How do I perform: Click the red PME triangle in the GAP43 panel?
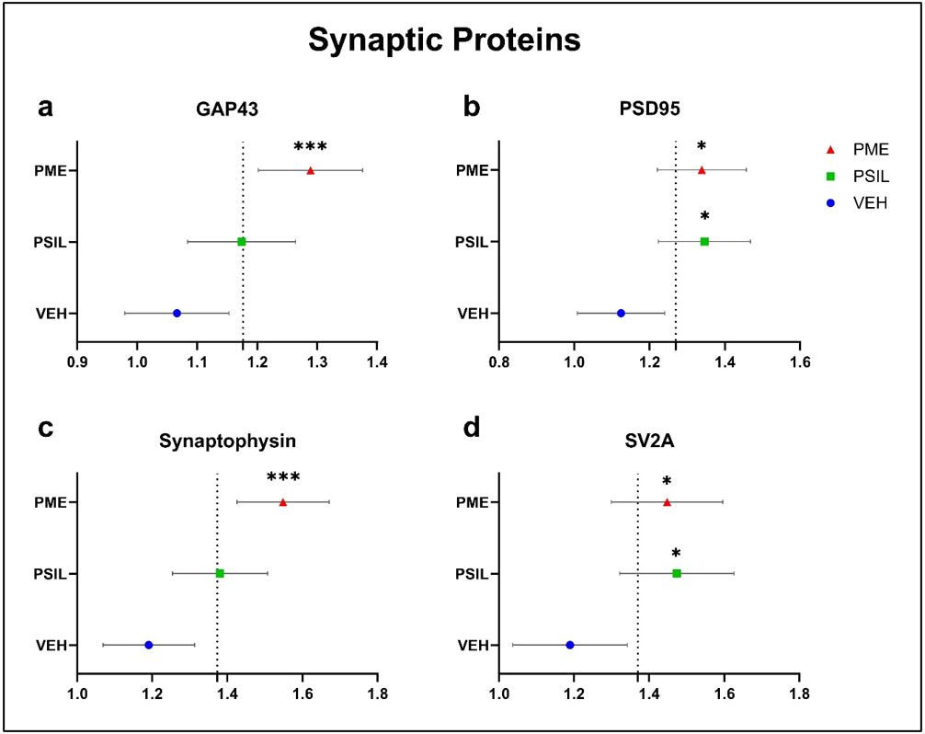tap(311, 170)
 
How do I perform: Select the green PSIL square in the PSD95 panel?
tap(704, 241)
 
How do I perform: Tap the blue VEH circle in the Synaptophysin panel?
tap(148, 645)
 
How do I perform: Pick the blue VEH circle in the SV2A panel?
tap(570, 645)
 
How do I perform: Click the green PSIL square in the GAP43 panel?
tap(242, 241)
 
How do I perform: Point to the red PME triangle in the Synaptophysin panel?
tap(282, 502)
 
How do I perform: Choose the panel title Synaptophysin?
tap(228, 440)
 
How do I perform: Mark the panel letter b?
tap(472, 107)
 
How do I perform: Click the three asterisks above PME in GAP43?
tap(310, 147)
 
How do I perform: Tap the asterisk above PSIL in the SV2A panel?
tap(676, 554)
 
